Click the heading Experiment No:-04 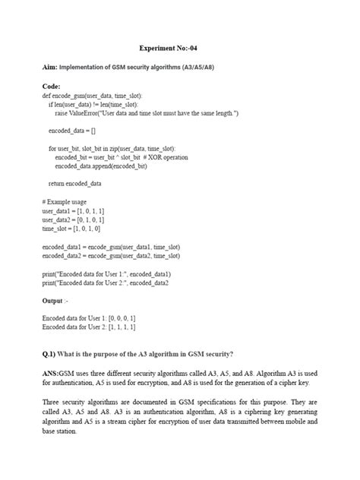pos(180,46)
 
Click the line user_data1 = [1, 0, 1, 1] pos(73,210)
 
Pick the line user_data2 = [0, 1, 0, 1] pos(73,219)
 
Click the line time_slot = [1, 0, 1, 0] pos(71,228)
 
